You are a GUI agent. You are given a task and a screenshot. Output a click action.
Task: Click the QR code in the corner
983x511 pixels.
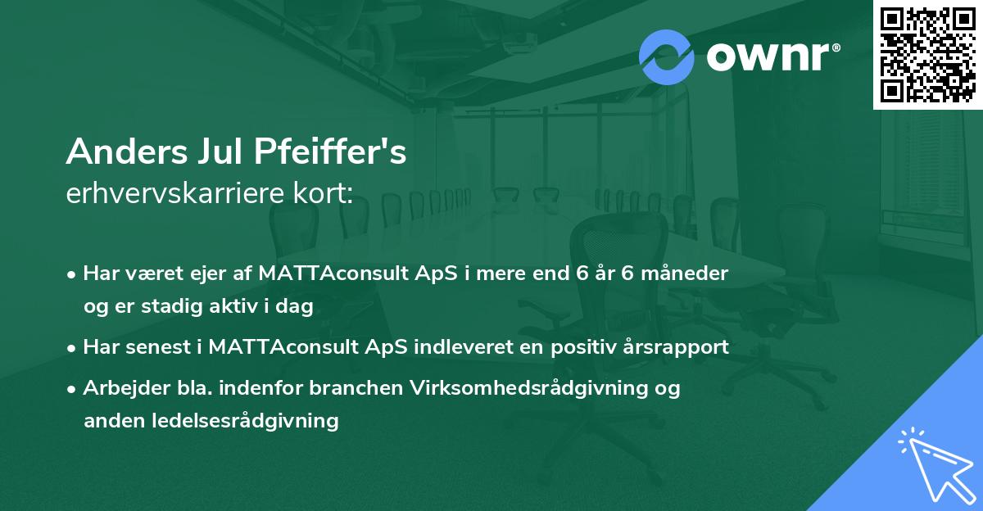(x=928, y=55)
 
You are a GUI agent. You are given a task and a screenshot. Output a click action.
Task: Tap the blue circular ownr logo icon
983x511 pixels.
(x=667, y=57)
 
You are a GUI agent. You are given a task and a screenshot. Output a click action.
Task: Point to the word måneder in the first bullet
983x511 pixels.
(x=686, y=273)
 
